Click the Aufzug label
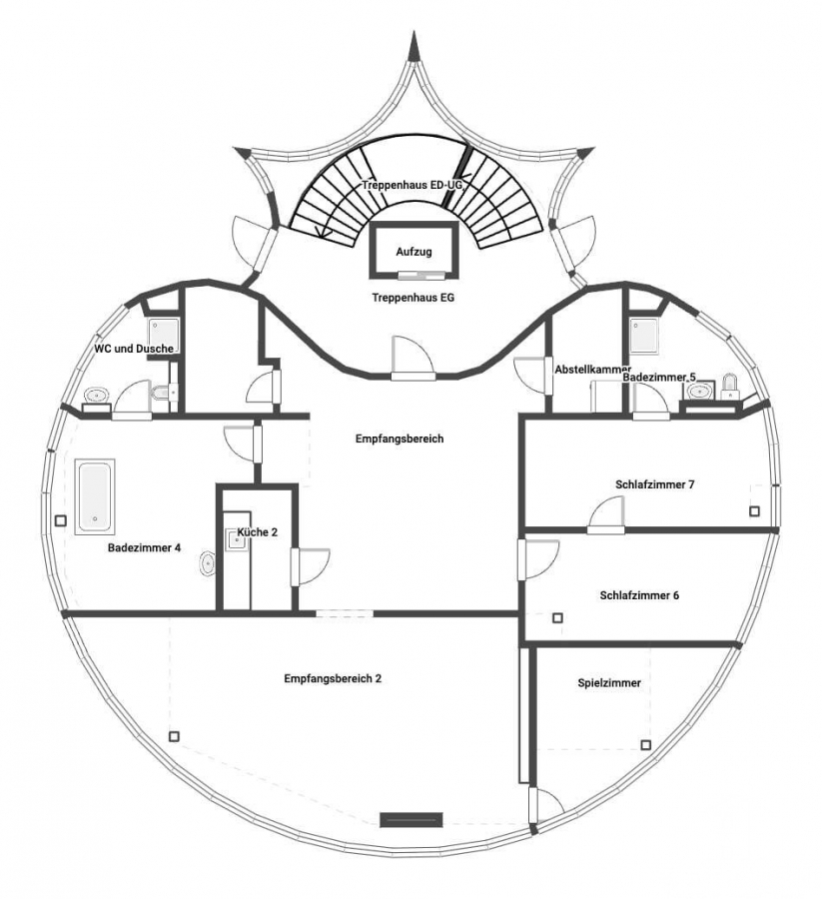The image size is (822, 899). (x=413, y=252)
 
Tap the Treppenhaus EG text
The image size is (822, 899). (x=412, y=298)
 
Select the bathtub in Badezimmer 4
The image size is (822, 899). (x=95, y=496)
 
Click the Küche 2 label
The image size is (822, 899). (x=258, y=532)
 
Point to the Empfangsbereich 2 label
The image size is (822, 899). (x=333, y=679)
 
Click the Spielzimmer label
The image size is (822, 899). (x=609, y=683)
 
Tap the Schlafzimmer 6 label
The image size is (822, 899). (x=639, y=595)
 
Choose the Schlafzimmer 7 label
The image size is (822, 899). (x=654, y=485)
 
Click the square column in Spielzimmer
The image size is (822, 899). (x=646, y=745)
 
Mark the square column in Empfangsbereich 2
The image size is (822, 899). (x=175, y=737)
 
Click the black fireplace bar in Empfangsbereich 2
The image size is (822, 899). (x=411, y=820)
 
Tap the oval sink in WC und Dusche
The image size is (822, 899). (x=97, y=395)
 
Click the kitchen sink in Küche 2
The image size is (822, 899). (x=236, y=539)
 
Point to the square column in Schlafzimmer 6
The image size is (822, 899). (x=557, y=618)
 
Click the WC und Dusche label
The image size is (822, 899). (x=134, y=349)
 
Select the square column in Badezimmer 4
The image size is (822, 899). (x=61, y=520)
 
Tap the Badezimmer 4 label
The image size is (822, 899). (x=144, y=548)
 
